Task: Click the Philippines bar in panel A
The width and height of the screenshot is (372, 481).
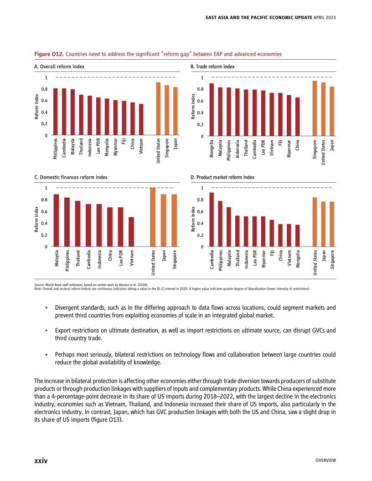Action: (x=55, y=112)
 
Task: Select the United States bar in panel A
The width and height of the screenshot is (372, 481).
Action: (x=158, y=109)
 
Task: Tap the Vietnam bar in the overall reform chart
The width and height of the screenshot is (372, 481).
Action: (x=141, y=120)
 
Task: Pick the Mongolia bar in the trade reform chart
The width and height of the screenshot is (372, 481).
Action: (x=212, y=110)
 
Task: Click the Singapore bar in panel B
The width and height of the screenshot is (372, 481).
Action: (x=315, y=108)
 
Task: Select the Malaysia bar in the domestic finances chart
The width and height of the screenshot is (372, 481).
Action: (x=56, y=220)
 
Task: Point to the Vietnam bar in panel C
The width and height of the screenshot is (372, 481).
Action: (x=131, y=232)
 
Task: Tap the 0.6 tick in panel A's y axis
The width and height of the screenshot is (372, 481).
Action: (x=44, y=101)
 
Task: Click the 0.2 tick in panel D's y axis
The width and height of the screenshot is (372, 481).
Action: (x=200, y=235)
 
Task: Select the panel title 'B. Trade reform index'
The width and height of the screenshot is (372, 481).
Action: (x=212, y=67)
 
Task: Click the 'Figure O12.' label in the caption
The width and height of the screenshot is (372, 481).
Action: (x=49, y=54)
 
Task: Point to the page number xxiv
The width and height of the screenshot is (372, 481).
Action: (x=41, y=461)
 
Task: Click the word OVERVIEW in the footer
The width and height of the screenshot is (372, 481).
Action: (x=325, y=461)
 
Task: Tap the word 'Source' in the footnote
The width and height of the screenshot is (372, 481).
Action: (x=40, y=284)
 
